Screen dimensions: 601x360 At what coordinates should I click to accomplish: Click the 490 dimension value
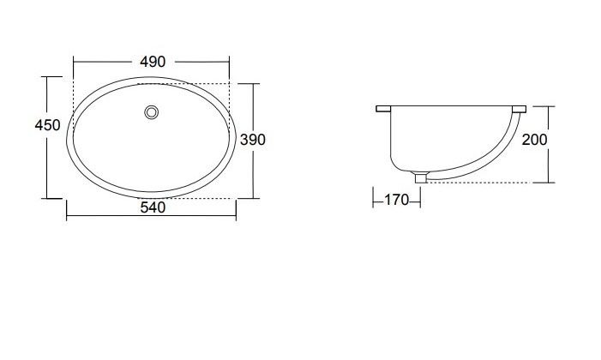(x=153, y=62)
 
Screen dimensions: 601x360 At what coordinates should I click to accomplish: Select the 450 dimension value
(x=47, y=125)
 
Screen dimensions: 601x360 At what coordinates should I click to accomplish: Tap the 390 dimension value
(x=253, y=140)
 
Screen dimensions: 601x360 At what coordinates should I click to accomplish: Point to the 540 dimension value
(x=153, y=207)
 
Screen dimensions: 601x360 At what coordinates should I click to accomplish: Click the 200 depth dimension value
(x=535, y=140)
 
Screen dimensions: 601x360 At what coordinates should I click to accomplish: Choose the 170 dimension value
(x=396, y=200)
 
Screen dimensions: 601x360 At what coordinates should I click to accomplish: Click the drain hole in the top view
(x=152, y=112)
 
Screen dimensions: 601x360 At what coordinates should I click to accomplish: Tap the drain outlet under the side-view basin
(x=420, y=177)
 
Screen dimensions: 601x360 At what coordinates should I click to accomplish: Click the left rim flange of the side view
(x=383, y=109)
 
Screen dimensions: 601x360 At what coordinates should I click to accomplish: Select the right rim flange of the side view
(x=519, y=109)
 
